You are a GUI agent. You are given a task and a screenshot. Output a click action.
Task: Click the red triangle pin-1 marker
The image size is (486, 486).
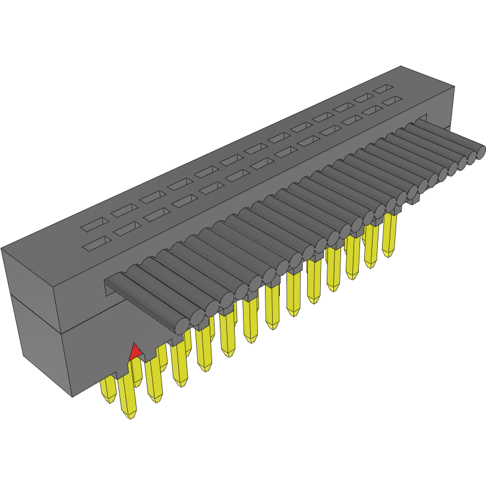point(135,352)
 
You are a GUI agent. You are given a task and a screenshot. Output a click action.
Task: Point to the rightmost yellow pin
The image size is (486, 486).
point(390,235)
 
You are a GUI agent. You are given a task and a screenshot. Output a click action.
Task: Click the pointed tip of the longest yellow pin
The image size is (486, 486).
point(129,416)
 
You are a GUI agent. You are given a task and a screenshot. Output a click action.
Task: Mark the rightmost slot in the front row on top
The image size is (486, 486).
point(391,102)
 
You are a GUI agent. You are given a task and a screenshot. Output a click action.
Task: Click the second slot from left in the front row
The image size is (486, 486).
point(126,229)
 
